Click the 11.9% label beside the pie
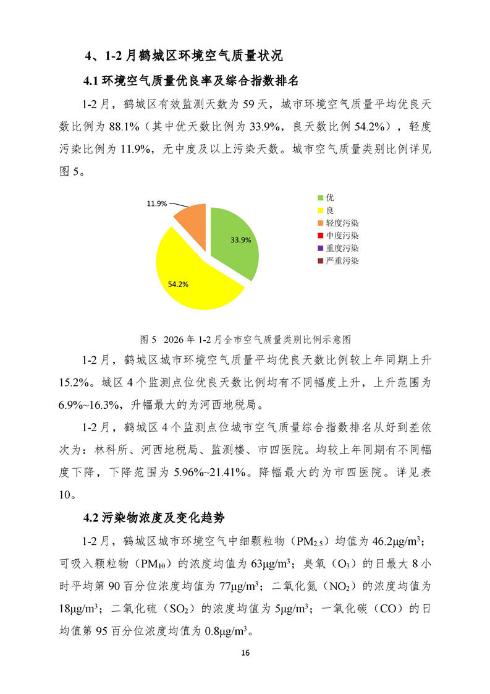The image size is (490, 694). pos(156,203)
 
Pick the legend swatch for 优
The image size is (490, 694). pos(320,198)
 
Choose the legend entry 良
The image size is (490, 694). pos(330,210)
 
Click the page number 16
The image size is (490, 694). pos(245,653)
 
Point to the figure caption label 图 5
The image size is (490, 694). pos(148,340)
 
